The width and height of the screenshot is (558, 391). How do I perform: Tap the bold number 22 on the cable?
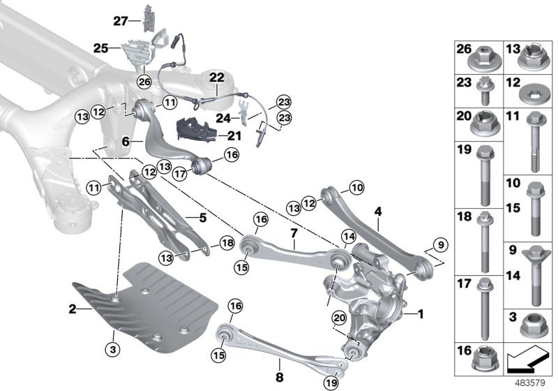(216, 78)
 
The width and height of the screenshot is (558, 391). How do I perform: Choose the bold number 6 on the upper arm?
(126, 140)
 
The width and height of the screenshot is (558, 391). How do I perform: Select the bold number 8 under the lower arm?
(278, 363)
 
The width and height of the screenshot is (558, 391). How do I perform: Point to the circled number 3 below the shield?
(112, 346)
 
